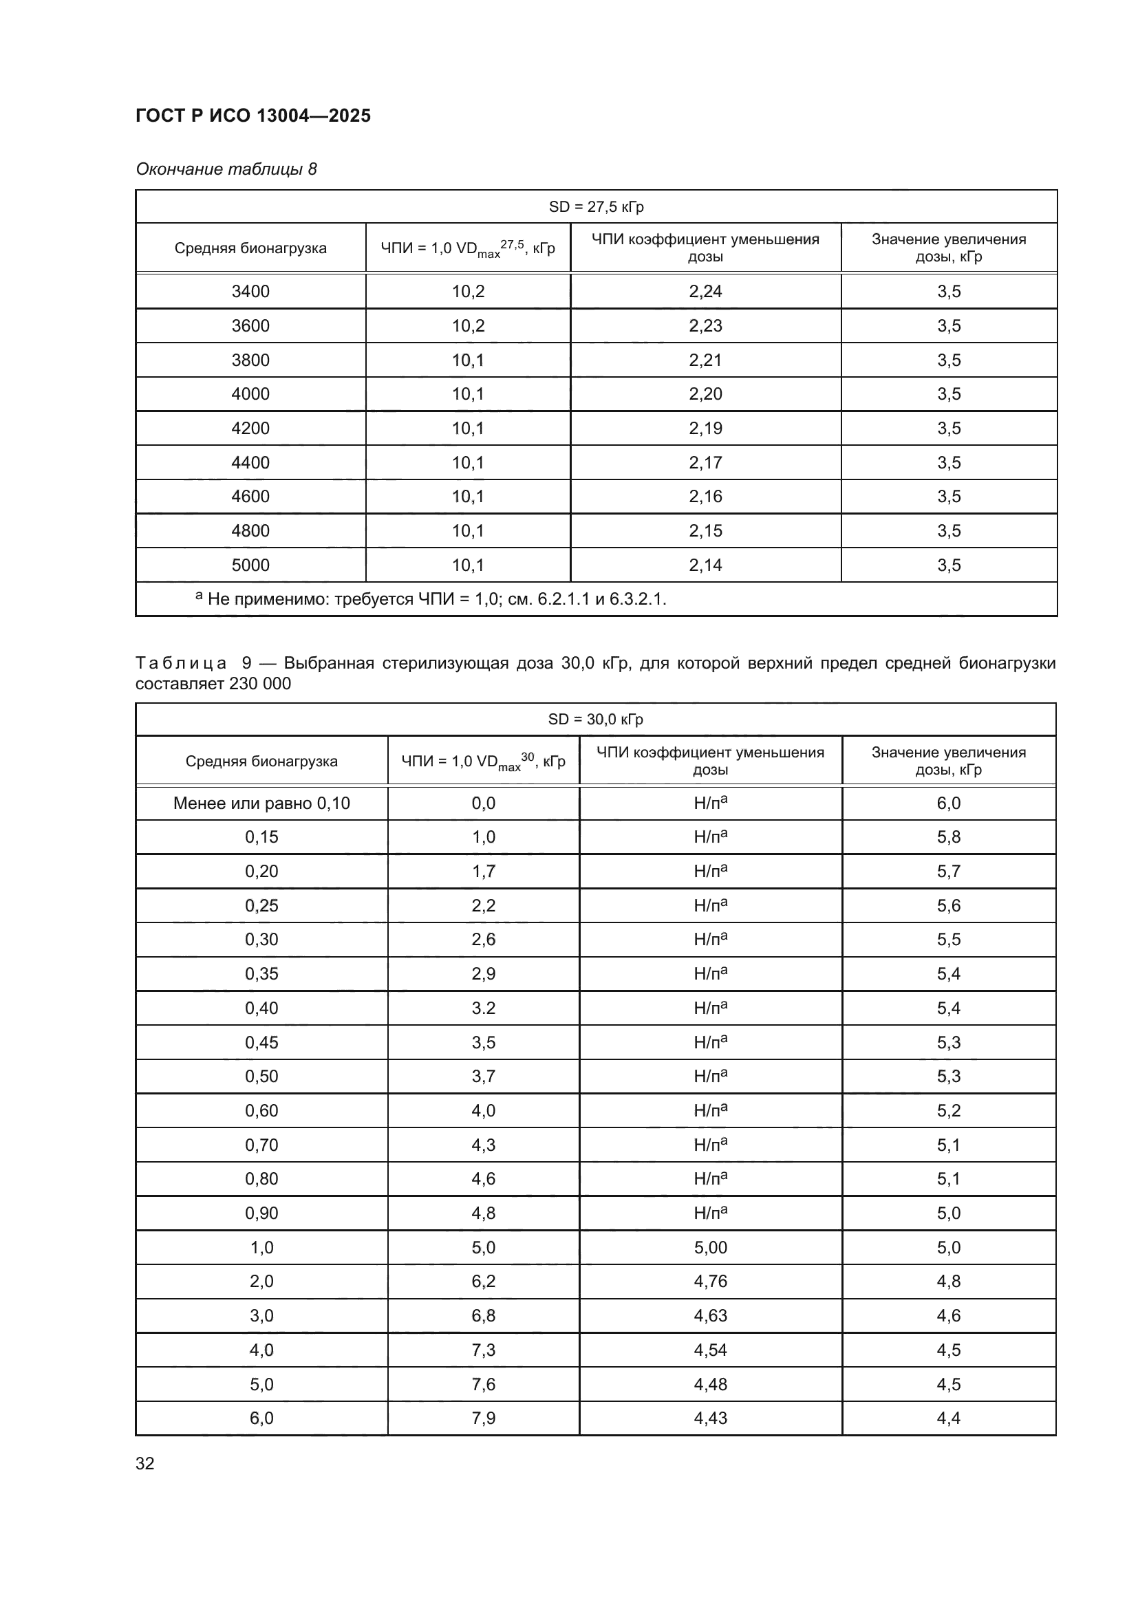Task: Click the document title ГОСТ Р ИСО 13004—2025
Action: [x=253, y=116]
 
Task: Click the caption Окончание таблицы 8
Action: [x=226, y=169]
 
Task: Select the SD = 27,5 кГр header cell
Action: [x=596, y=207]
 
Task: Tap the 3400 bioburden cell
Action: [x=250, y=292]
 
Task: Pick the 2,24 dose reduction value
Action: [x=705, y=292]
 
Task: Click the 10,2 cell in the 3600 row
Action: [x=468, y=326]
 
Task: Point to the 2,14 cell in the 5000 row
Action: [x=705, y=565]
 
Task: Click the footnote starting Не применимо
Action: [x=431, y=599]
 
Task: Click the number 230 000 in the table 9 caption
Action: [x=260, y=683]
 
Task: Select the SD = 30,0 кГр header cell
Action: [x=596, y=720]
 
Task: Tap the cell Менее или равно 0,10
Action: [x=261, y=803]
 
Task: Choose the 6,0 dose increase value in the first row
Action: [x=948, y=803]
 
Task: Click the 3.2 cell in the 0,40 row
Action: [x=484, y=1008]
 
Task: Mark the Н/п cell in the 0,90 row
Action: [x=710, y=1213]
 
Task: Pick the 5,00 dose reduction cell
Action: [x=710, y=1247]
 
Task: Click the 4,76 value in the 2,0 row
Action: [x=710, y=1281]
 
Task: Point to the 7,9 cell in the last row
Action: [x=484, y=1418]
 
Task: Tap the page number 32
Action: [x=145, y=1463]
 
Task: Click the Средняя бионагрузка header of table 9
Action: [x=261, y=761]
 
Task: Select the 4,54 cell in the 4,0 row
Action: [x=710, y=1350]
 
